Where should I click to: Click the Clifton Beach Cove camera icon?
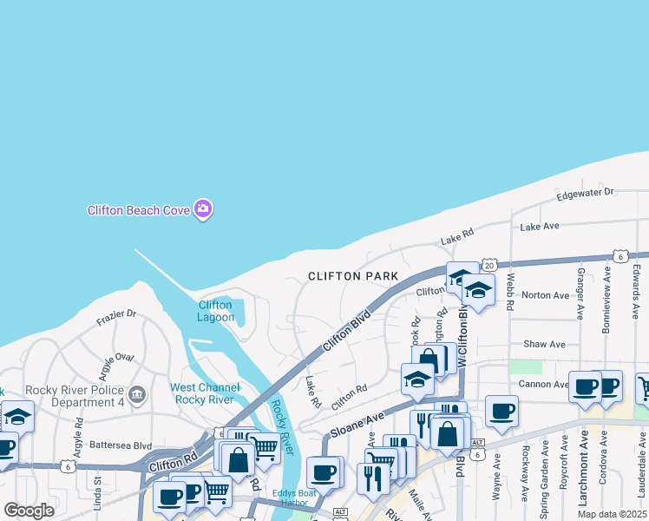(x=203, y=208)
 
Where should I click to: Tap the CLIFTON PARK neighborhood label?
(x=353, y=276)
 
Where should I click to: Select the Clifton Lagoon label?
(x=215, y=311)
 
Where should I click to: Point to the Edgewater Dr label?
(x=585, y=192)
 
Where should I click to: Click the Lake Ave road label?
(x=540, y=227)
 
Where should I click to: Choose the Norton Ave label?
(x=546, y=295)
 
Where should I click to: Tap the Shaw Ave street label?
(x=545, y=345)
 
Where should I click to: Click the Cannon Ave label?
(x=543, y=384)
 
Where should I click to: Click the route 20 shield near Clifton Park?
(x=490, y=265)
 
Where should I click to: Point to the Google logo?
(x=29, y=511)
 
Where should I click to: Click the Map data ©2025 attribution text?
(x=613, y=514)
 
